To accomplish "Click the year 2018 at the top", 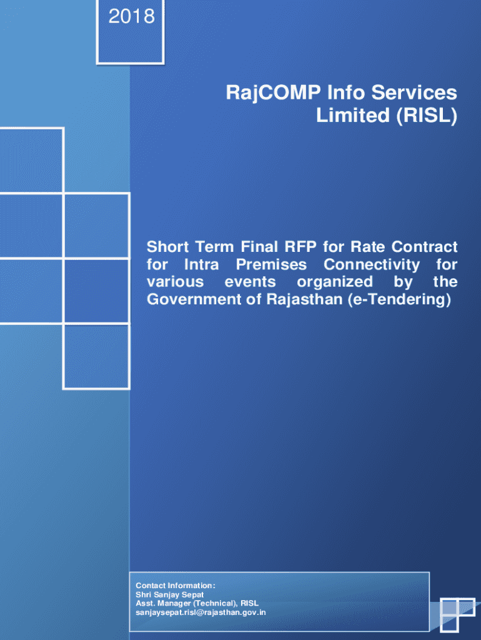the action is pos(131,17).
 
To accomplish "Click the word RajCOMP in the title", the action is pos(274,93).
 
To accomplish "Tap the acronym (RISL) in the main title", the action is pos(427,116).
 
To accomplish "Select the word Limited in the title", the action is pos(354,115).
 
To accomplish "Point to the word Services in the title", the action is pos(414,92).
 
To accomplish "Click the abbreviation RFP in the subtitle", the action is pos(300,247).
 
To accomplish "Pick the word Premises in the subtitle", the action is pos(271,264).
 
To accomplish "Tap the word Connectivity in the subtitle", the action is pos(372,265).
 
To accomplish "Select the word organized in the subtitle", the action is pos(335,282).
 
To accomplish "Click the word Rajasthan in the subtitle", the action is pos(304,299).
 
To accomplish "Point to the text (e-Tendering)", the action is pos(399,299).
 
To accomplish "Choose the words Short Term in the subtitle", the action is pos(190,247).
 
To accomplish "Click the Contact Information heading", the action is pos(176,586).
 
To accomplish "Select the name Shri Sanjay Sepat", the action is pos(169,595).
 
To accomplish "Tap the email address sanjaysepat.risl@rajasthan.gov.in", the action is pos(201,612).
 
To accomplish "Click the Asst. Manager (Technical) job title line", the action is pos(197,603).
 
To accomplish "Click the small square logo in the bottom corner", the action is pos(457,615).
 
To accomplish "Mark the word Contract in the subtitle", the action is pos(424,247).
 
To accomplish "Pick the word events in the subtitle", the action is pos(250,282).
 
